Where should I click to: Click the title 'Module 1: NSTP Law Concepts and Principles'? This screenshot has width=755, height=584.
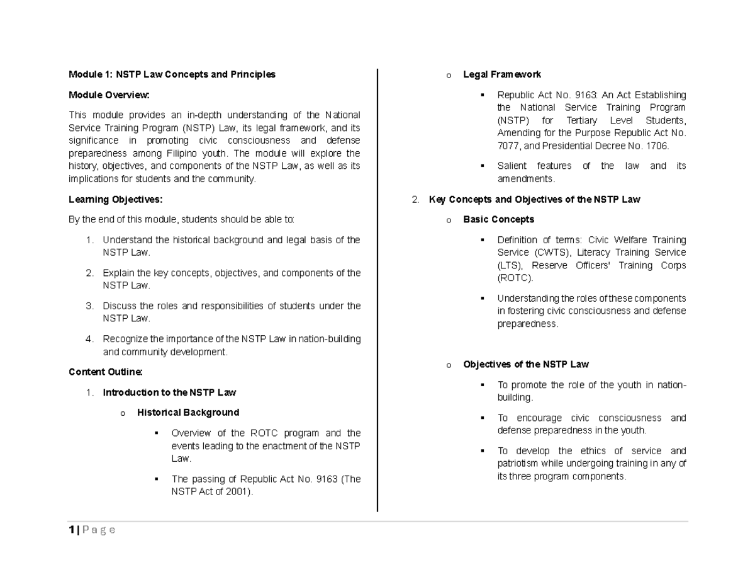coord(172,74)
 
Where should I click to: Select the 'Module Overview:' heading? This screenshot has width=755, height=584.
coord(109,95)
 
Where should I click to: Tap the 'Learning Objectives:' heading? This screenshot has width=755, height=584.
coord(115,200)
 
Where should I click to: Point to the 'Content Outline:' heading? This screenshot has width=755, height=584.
coord(106,372)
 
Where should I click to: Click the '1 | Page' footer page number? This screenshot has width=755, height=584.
coord(92,530)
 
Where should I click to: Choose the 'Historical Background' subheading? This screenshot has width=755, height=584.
coord(188,413)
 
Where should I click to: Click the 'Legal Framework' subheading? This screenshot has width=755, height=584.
coord(501,74)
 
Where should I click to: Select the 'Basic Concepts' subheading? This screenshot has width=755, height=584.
coord(498,219)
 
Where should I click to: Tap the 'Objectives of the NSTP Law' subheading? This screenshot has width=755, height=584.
coord(525,364)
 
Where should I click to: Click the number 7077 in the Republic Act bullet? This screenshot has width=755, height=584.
coord(507,146)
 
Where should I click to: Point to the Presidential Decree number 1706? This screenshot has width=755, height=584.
coord(657,146)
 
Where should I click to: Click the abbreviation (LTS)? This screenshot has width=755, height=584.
coord(510,265)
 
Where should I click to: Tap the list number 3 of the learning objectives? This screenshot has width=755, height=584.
coord(89,306)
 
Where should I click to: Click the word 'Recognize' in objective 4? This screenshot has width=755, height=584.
coord(124,339)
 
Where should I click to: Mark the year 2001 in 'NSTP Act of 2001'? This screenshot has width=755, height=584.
coord(239,491)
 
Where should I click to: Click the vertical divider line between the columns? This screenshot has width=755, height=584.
coord(377,290)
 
